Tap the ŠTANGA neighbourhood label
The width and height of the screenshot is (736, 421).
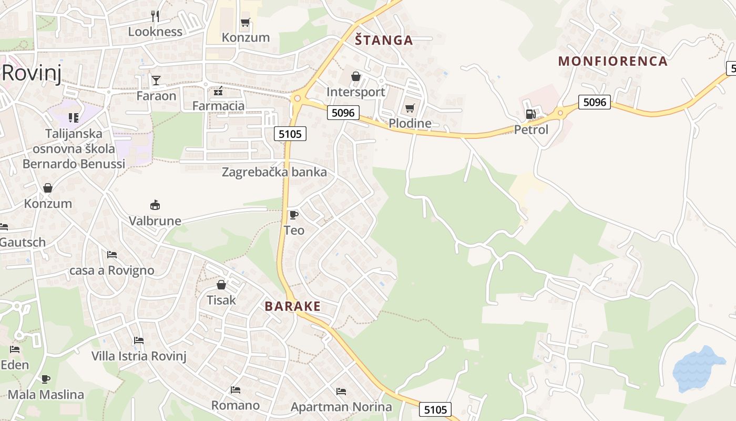(x=384, y=40)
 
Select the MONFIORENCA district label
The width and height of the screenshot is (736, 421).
(x=612, y=61)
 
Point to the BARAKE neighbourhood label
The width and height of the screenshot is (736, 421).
(x=293, y=306)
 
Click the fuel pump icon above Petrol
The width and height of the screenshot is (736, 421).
(x=531, y=114)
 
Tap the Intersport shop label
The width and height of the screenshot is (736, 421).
(x=356, y=92)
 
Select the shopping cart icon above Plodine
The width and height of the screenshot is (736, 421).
(x=410, y=108)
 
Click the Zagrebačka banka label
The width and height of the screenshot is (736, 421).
(x=274, y=172)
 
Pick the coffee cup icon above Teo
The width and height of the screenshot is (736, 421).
(x=293, y=215)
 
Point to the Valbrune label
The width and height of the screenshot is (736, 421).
(x=155, y=220)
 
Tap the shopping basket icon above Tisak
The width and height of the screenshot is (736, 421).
(x=221, y=285)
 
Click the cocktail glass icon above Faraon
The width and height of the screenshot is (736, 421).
(x=156, y=80)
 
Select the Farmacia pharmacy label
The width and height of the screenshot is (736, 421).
(x=218, y=106)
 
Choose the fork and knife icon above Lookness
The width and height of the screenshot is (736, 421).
(x=155, y=16)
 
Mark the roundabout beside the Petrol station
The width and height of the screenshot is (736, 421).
(x=560, y=112)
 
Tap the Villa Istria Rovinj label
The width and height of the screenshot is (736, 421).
(x=139, y=356)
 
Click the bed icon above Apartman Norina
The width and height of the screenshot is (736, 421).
(x=341, y=392)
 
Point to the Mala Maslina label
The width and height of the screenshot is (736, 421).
(x=46, y=394)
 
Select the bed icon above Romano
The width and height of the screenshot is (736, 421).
(x=236, y=390)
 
